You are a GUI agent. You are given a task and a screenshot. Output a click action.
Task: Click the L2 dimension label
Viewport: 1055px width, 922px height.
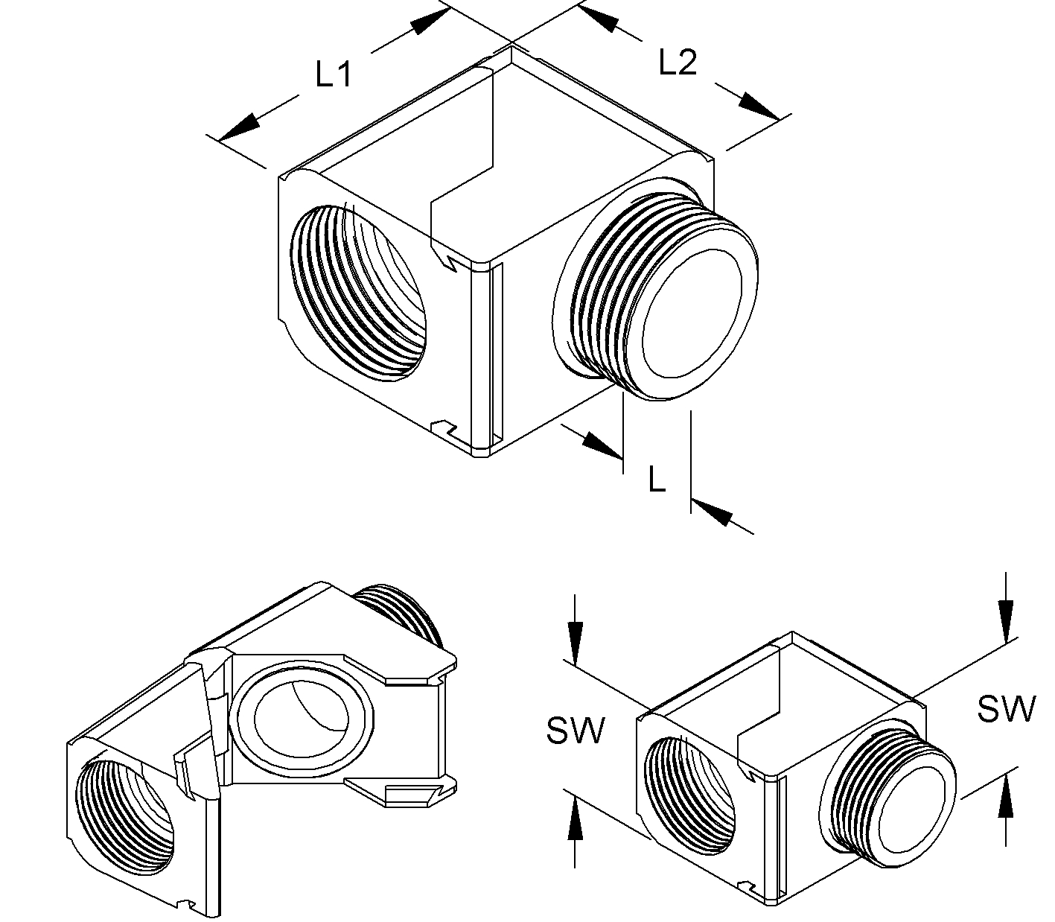pyautogui.click(x=678, y=63)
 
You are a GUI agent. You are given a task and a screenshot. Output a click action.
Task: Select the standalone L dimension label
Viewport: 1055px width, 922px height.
pyautogui.click(x=656, y=480)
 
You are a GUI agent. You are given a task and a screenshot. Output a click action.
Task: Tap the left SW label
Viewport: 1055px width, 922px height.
pyautogui.click(x=576, y=731)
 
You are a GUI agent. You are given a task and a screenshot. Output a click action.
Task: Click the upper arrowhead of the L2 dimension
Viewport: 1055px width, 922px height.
pyautogui.click(x=600, y=19)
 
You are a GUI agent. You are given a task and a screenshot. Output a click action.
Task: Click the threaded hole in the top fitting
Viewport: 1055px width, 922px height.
pyautogui.click(x=357, y=290)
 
